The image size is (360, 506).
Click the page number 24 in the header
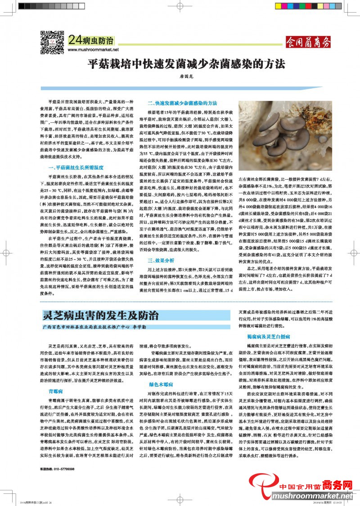[75, 40]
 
